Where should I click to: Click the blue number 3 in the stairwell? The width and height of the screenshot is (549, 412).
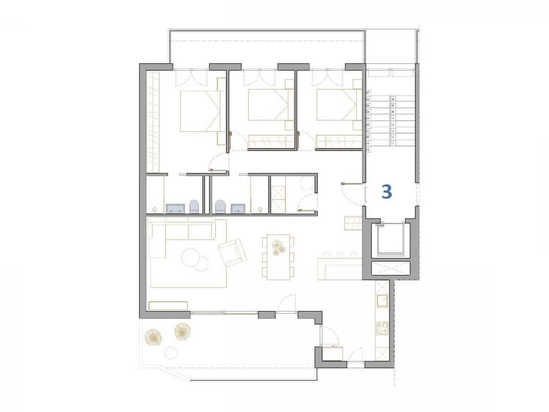point(386,191)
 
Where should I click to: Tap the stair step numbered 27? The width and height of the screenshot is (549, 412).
point(368,93)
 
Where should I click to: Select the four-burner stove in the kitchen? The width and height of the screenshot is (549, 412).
point(381,329)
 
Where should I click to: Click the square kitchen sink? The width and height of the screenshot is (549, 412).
point(381,300)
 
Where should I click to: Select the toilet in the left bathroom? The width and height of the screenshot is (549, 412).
point(194,207)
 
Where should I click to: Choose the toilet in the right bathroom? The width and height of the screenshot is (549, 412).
point(220,207)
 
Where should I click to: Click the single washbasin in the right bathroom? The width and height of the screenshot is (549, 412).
point(238,209)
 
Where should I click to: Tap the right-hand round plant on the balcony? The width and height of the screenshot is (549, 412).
point(183,331)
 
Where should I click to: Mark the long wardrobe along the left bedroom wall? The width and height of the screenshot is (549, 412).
point(153,121)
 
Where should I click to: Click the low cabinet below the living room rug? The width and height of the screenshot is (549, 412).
point(168,306)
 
